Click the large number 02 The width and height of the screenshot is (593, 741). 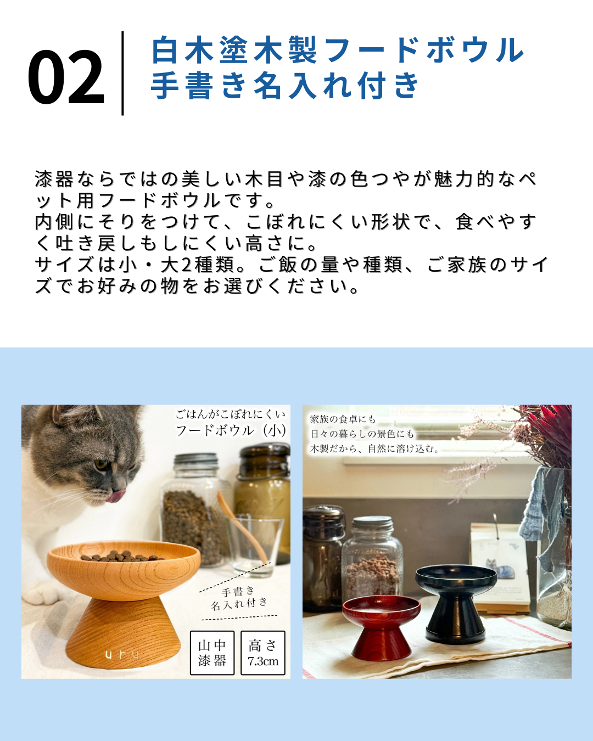(66, 76)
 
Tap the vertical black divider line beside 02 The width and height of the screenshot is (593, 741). (122, 73)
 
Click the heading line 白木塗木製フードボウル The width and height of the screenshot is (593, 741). (338, 50)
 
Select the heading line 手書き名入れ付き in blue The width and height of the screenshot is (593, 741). (285, 85)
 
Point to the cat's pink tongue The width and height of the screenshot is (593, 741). (116, 496)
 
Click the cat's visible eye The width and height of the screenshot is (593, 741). (102, 464)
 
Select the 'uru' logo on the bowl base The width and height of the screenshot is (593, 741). (122, 654)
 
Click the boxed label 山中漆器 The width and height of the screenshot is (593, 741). (212, 653)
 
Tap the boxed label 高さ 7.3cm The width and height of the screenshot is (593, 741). (263, 653)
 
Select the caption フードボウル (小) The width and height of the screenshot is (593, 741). (231, 430)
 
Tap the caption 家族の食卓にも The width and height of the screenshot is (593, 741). (343, 419)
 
